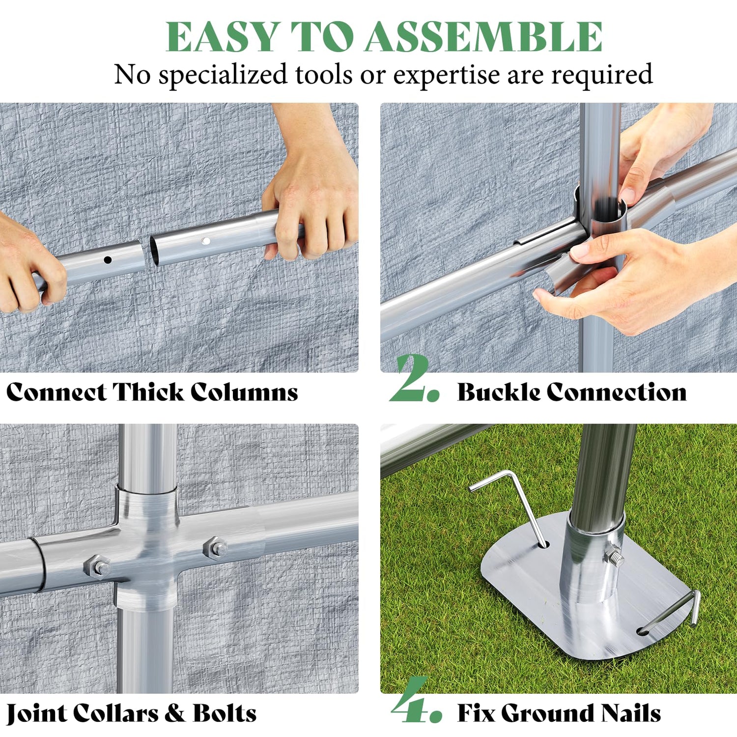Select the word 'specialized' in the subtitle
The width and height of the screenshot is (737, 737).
point(223,75)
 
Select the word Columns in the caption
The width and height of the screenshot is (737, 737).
point(244,392)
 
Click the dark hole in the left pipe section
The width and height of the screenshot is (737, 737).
point(108,259)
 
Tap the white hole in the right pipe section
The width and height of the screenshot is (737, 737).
point(206,241)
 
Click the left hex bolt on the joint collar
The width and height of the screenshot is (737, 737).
point(98,567)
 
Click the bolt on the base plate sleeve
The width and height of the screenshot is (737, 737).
point(614,557)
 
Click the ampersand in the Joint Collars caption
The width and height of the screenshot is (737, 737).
point(174,713)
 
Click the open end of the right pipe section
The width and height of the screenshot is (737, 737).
point(154,251)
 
